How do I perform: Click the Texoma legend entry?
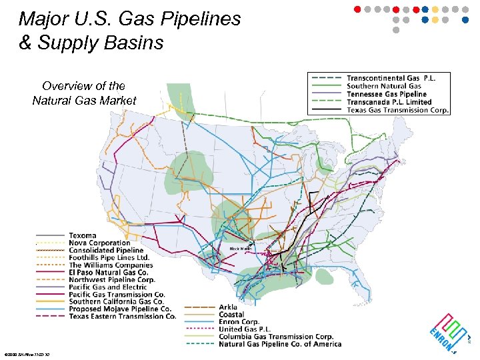tap(83, 235)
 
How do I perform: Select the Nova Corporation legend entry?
tap(99, 243)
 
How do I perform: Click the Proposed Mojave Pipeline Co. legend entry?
tap(120, 309)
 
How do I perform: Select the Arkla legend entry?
tap(228, 307)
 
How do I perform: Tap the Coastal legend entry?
tap(231, 315)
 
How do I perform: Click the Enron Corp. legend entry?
tap(239, 322)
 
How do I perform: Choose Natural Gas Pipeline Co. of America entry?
tap(279, 344)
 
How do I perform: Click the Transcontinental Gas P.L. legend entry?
tap(391, 77)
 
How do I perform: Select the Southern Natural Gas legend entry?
tap(383, 86)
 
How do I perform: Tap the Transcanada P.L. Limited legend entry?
tap(389, 102)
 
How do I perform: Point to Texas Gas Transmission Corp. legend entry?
tap(398, 110)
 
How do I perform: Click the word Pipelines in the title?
tap(201, 19)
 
